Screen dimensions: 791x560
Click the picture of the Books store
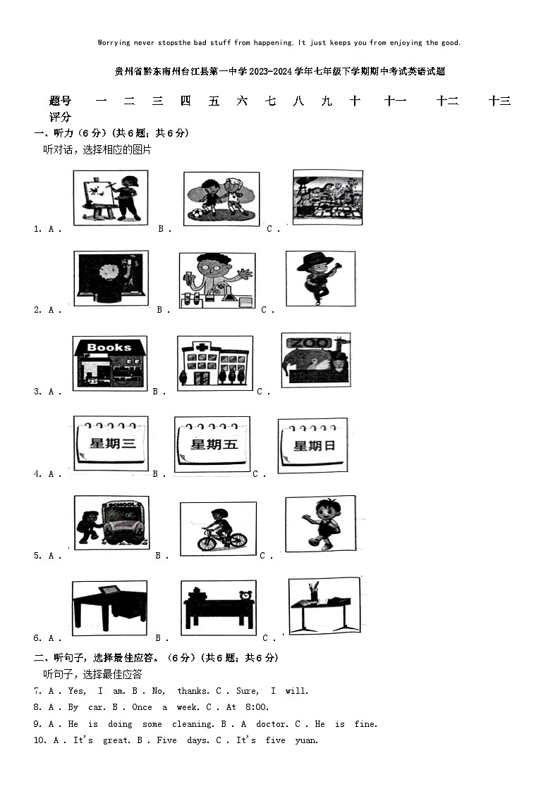109,363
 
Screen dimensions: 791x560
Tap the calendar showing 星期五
212,444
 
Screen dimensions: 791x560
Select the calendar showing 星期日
312,445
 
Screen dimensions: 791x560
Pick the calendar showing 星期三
111,443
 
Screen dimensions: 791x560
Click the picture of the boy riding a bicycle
217,528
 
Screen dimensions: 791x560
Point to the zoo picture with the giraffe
315,360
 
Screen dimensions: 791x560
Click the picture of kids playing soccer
221,199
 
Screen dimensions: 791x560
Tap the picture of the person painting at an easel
111,198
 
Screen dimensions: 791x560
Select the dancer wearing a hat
320,278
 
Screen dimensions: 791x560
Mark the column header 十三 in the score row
500,101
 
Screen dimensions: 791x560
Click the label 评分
60,117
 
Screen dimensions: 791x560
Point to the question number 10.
39,740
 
